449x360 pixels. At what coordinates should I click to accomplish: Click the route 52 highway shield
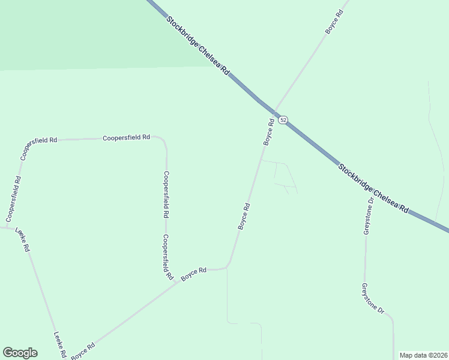[x=283, y=120]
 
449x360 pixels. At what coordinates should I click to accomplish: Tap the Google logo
[x=20, y=353]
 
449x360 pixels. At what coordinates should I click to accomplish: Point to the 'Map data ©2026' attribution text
[x=423, y=355]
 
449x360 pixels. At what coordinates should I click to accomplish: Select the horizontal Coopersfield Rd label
[x=126, y=137]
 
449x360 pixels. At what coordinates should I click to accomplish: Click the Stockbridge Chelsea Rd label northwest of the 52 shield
[x=198, y=44]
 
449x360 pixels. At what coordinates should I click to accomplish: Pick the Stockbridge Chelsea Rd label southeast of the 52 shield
[x=373, y=189]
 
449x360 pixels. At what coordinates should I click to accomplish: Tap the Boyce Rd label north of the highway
[x=334, y=22]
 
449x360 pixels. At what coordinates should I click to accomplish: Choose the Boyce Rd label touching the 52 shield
[x=268, y=131]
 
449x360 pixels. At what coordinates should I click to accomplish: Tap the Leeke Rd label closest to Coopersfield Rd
[x=23, y=239]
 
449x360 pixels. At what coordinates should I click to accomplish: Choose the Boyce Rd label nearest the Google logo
[x=83, y=352]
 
